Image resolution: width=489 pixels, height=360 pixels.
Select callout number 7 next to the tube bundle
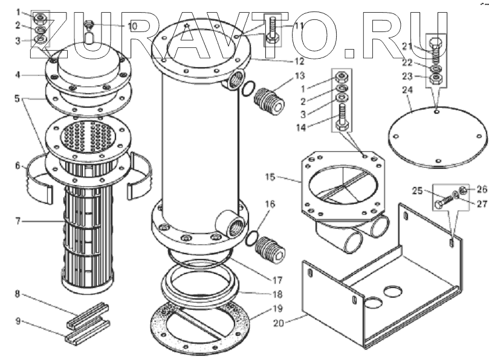(19, 221)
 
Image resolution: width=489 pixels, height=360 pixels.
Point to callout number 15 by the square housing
(271, 177)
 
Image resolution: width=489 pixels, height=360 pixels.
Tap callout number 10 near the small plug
(132, 26)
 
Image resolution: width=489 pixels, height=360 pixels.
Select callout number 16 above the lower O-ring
(270, 204)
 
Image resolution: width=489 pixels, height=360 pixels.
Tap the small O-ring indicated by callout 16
(253, 239)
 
